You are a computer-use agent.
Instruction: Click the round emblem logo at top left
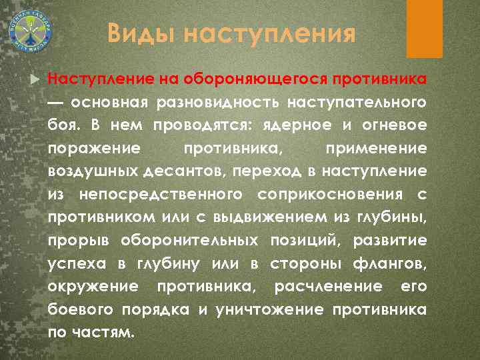(31, 31)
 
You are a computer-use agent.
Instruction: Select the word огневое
(401, 126)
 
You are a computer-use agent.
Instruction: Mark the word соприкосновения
(328, 194)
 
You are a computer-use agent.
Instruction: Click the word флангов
(396, 263)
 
